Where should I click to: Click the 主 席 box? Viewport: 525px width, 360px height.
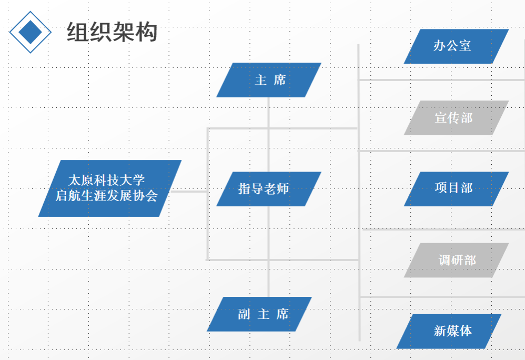pyautogui.click(x=269, y=80)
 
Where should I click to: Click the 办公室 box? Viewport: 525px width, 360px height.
pyautogui.click(x=456, y=46)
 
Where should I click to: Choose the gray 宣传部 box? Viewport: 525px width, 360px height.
pyautogui.click(x=456, y=118)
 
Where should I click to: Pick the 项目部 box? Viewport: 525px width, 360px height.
pyautogui.click(x=456, y=188)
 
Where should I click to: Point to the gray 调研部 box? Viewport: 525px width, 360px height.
pyautogui.click(x=456, y=260)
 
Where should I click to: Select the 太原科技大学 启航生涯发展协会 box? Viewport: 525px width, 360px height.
pyautogui.click(x=109, y=188)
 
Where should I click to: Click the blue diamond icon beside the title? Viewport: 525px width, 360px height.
pyautogui.click(x=31, y=32)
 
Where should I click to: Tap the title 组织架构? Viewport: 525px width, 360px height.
pyautogui.click(x=112, y=33)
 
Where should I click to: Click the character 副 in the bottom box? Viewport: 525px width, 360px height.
pyautogui.click(x=244, y=315)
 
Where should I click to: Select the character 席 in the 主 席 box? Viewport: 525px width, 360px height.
pyautogui.click(x=279, y=80)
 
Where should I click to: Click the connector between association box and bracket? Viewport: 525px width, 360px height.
pyautogui.click(x=189, y=192)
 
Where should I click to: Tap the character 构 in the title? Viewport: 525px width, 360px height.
pyautogui.click(x=146, y=33)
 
